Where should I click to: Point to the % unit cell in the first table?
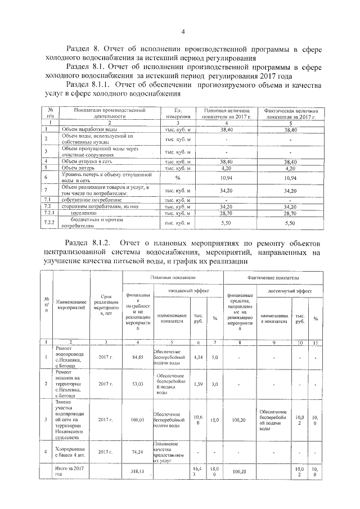pyautogui.click(x=177, y=177)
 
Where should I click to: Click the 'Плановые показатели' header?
pyautogui.click(x=173, y=278)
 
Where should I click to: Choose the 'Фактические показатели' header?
pyautogui.click(x=273, y=278)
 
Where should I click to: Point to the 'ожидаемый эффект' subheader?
pyautogui.click(x=186, y=290)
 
